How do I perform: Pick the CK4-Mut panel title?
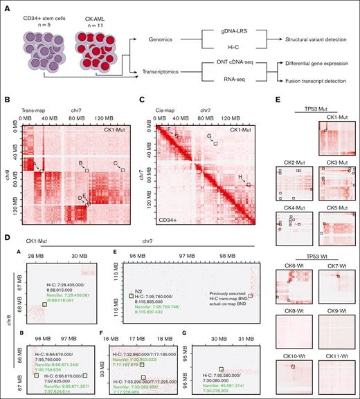pos(293,208)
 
